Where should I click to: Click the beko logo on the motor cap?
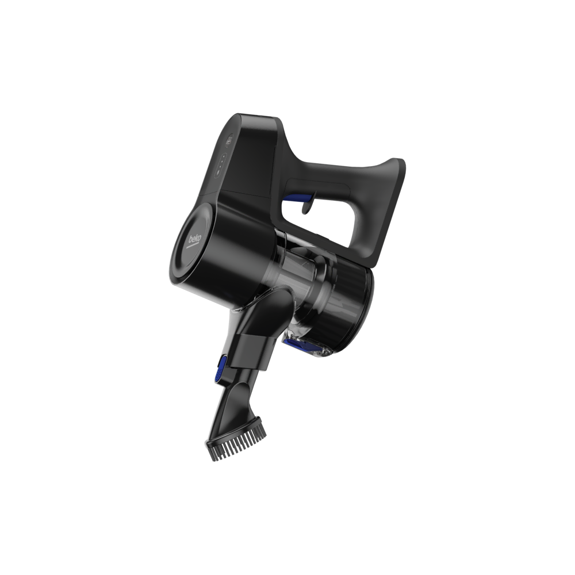195,239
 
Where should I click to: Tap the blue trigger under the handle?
297,198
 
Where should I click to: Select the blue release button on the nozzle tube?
220,369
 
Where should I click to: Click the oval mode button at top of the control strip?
229,140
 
